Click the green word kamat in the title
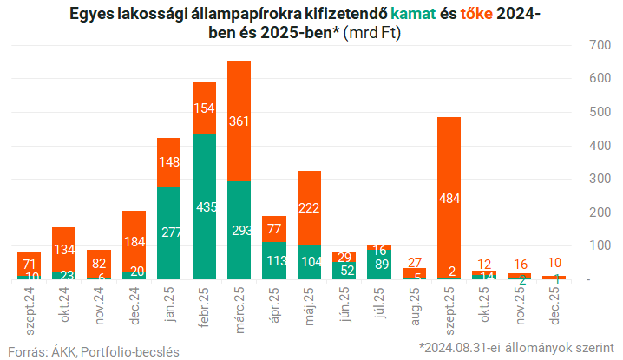(x=416, y=14)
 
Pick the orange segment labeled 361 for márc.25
(x=239, y=121)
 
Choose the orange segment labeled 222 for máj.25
(x=310, y=208)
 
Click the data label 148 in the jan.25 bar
(x=169, y=161)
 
